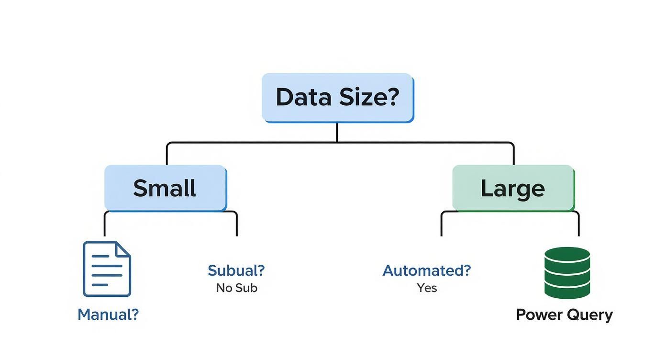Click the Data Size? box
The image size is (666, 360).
(x=337, y=98)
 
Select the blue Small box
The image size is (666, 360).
(x=165, y=188)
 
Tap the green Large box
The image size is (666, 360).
(x=512, y=188)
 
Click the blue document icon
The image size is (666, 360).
(x=107, y=269)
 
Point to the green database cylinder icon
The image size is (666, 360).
(x=567, y=273)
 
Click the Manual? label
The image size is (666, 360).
(x=108, y=315)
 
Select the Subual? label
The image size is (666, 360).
(x=236, y=270)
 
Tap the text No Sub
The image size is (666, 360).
(x=236, y=288)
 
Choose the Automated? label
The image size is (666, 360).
(x=426, y=270)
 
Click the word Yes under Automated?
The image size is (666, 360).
(x=427, y=288)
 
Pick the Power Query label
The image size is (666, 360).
(x=564, y=315)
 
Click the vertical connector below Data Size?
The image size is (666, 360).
(x=337, y=132)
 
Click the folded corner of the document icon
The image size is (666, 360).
(x=123, y=249)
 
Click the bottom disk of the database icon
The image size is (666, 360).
(x=567, y=290)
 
